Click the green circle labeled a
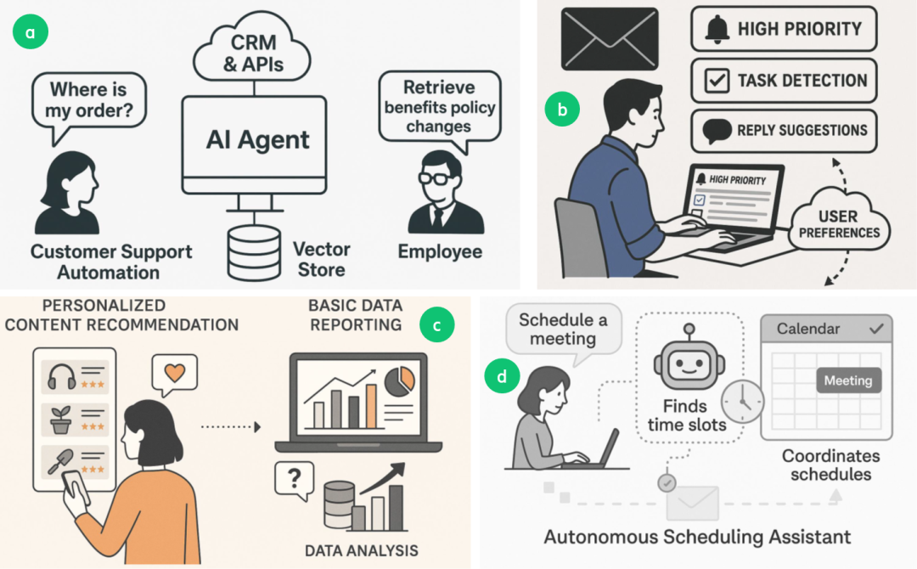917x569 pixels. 31,32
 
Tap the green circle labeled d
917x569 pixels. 502,375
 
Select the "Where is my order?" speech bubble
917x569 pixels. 88,101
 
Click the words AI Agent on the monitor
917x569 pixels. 258,139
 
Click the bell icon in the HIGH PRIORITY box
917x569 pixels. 717,30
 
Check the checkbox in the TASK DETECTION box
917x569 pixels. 717,81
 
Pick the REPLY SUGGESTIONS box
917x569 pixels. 784,130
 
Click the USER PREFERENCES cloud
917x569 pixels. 838,223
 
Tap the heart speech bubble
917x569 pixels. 173,373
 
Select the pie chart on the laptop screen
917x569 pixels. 398,381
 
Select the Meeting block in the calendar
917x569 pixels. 847,380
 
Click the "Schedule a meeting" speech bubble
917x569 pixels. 563,330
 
